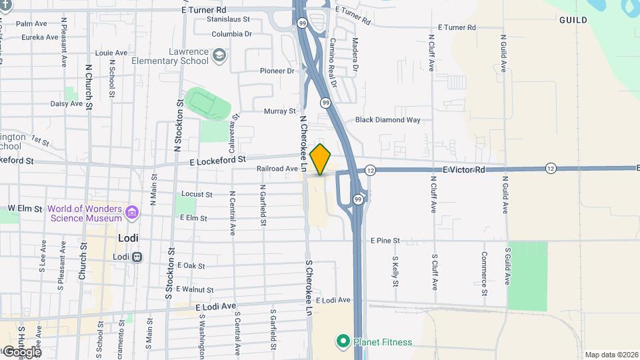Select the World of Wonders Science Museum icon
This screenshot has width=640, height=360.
click(x=132, y=213)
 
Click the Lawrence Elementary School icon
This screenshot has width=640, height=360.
click(x=219, y=56)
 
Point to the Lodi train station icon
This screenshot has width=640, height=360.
click(x=137, y=257)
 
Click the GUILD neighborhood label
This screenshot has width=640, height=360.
click(x=573, y=20)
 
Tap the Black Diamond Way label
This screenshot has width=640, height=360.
click(x=388, y=120)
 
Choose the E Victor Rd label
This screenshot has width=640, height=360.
click(x=463, y=170)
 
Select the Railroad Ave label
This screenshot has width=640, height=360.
click(x=277, y=169)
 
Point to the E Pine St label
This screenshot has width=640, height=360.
click(x=385, y=240)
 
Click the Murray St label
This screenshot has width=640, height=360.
click(x=279, y=111)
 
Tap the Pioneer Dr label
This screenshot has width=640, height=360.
click(x=277, y=71)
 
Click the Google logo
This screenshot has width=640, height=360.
click(x=21, y=351)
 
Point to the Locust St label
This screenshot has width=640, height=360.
click(x=197, y=195)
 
